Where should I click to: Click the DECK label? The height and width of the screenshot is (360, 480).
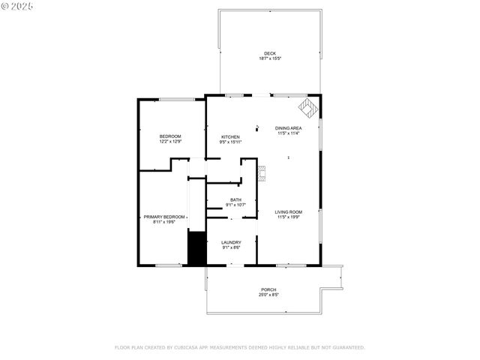click(270, 53)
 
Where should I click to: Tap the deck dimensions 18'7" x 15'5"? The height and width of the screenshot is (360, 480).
click(270, 58)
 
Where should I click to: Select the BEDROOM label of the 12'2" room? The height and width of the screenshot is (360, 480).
click(170, 136)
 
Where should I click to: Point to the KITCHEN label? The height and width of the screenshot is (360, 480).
click(230, 136)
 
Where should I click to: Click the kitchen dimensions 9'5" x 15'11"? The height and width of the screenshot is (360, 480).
click(230, 142)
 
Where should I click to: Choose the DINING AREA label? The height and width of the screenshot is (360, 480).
click(289, 128)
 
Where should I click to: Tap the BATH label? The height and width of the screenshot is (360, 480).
click(235, 199)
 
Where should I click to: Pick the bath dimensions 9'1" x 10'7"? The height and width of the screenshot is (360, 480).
click(235, 205)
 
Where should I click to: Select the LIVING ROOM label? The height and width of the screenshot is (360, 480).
click(289, 212)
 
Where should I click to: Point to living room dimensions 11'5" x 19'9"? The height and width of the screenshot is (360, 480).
click(289, 217)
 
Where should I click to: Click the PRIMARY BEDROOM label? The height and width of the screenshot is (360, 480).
click(164, 217)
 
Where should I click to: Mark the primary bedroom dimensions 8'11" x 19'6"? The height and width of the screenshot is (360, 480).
click(164, 222)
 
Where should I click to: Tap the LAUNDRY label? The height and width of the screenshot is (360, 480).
click(231, 242)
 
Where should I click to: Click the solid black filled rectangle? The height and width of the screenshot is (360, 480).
click(196, 248)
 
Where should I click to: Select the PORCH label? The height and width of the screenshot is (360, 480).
click(268, 289)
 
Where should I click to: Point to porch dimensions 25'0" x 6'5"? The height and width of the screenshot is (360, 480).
click(268, 295)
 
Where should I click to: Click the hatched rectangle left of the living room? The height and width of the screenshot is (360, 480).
click(261, 174)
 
